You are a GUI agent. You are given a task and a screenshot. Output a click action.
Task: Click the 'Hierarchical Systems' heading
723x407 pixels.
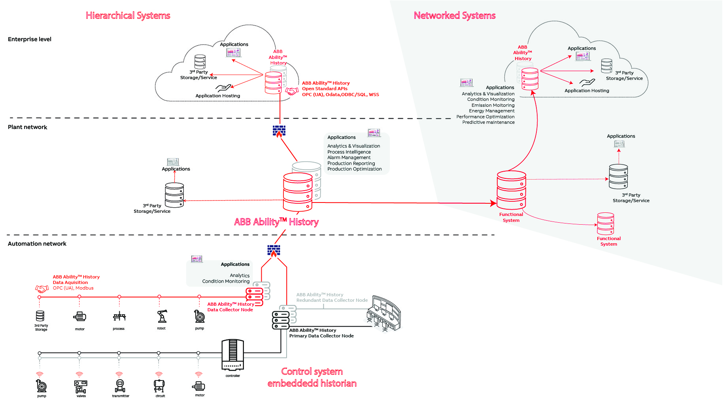pos(128,15)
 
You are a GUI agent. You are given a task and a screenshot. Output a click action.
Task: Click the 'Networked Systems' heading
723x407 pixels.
pos(455,15)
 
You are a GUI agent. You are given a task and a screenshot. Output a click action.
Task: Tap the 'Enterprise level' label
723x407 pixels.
pos(30,39)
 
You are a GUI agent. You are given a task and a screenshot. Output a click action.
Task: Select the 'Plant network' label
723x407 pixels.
pos(27,127)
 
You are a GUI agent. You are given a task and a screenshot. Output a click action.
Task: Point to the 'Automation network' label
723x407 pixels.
pos(37,244)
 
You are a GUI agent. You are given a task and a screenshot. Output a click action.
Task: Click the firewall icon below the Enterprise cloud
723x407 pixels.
pos(279,131)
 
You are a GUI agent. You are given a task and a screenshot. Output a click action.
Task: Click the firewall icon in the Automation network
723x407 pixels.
pos(274,251)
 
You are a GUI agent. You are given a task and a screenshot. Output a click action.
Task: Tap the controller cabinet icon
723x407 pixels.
pos(233,354)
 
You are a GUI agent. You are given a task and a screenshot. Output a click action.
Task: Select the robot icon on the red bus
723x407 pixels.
pos(162,316)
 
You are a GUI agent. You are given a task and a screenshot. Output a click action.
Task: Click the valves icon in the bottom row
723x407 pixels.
pos(81,386)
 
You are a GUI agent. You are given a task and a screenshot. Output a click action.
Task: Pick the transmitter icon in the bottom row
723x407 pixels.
pos(120,386)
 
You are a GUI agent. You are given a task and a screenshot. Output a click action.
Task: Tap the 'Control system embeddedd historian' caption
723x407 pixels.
pos(312,377)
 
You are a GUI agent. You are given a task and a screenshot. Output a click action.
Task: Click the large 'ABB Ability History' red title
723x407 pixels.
pos(276,222)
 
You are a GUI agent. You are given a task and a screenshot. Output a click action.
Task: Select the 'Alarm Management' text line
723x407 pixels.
pos(349,157)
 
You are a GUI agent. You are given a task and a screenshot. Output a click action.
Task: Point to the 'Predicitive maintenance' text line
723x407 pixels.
pos(488,122)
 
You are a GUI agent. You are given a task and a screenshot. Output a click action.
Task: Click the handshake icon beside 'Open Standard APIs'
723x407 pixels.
pos(292,91)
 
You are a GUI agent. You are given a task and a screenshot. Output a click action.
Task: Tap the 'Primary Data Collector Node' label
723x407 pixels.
pos(321,336)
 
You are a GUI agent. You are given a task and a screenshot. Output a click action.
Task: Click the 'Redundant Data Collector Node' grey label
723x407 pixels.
pos(332,300)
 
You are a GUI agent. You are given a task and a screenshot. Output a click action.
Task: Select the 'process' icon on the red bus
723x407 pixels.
pos(119,316)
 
